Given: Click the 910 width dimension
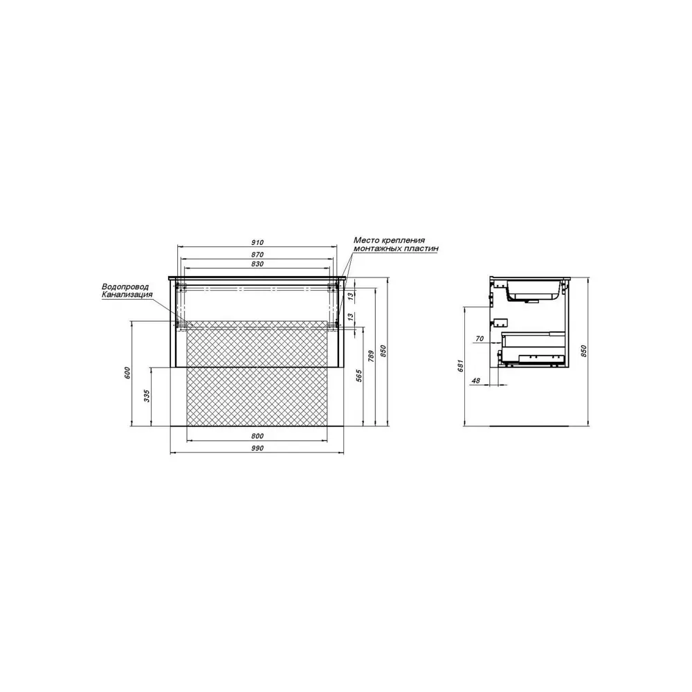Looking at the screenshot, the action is [257, 242].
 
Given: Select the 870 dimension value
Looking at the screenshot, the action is [257, 255].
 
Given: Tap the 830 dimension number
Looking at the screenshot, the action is [257, 264].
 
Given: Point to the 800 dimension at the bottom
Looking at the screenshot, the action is [257, 436].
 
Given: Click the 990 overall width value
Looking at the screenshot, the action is [257, 448].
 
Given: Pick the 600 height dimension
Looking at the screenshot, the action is [128, 373].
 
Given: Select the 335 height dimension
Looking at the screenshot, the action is [147, 396].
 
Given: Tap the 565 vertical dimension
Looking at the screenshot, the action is [359, 376].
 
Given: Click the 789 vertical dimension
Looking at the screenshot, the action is [371, 356].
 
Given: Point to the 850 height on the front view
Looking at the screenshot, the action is [383, 352].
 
